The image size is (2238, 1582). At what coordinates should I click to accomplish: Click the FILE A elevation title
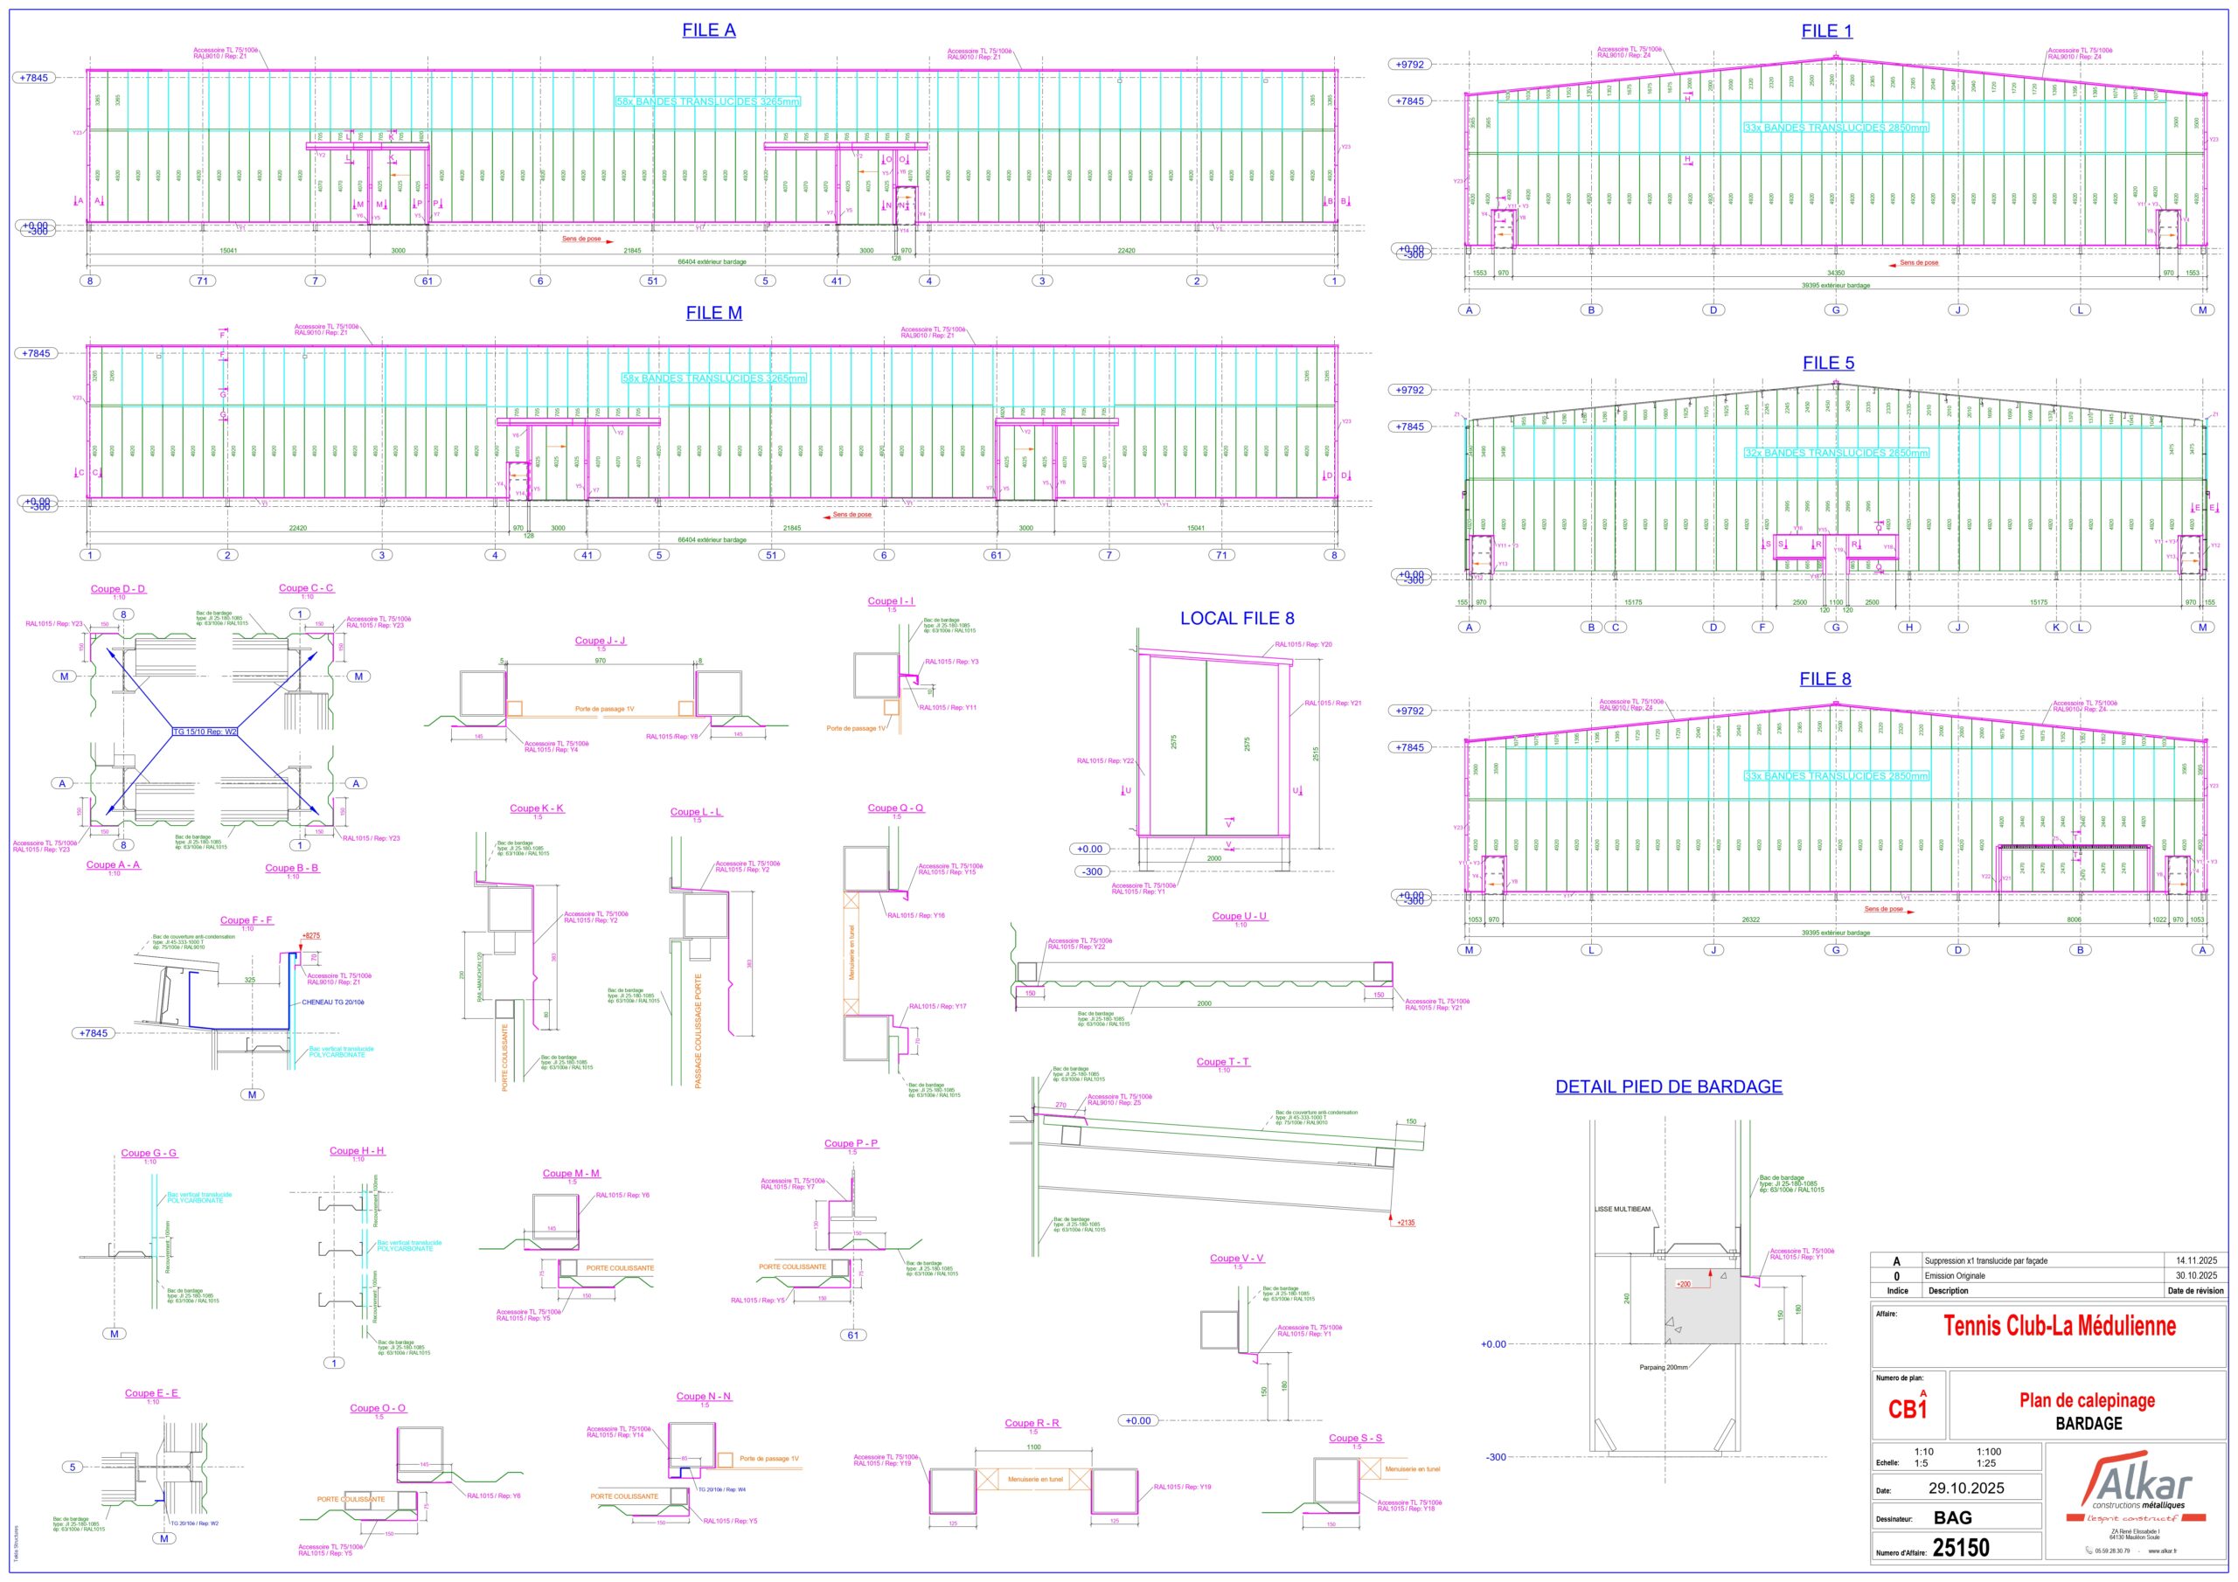(709, 31)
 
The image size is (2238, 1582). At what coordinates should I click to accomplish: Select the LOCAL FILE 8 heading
(1237, 618)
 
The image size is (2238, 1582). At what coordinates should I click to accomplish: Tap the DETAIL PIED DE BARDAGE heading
(1668, 1086)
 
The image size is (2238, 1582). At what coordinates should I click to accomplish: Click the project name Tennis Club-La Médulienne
(2059, 1326)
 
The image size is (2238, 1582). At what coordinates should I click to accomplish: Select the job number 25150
(1960, 1548)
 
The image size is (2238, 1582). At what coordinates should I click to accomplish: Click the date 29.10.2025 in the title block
(1965, 1488)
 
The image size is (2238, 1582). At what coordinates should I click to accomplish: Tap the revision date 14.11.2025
(2195, 1260)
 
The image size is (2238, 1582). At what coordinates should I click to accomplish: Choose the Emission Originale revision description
(1955, 1275)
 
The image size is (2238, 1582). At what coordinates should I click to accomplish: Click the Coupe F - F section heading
(246, 920)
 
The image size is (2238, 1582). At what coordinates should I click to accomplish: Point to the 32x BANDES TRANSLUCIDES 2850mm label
(1836, 454)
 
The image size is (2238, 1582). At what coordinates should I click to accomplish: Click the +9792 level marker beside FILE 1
(1409, 65)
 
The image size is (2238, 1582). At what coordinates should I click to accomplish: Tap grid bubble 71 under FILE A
(203, 281)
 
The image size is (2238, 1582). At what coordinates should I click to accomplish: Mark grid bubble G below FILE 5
(1836, 627)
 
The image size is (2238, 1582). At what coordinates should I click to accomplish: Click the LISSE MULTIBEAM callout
(1622, 1210)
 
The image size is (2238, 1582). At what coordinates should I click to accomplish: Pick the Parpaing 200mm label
(1663, 1368)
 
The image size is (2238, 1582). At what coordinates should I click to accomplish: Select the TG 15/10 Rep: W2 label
(205, 731)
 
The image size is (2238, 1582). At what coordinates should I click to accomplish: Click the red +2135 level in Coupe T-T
(1406, 1222)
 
